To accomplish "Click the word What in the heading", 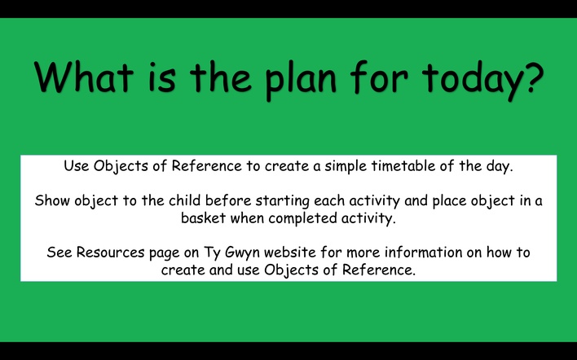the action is click(83, 77).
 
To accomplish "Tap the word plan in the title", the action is click(301, 81).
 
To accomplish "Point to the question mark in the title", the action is click(531, 77).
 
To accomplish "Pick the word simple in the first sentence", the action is click(346, 167).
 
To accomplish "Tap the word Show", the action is click(53, 201).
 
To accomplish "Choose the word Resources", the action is click(110, 252).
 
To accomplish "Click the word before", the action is click(228, 200).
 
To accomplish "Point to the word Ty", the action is click(212, 253).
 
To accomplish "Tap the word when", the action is click(247, 218).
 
